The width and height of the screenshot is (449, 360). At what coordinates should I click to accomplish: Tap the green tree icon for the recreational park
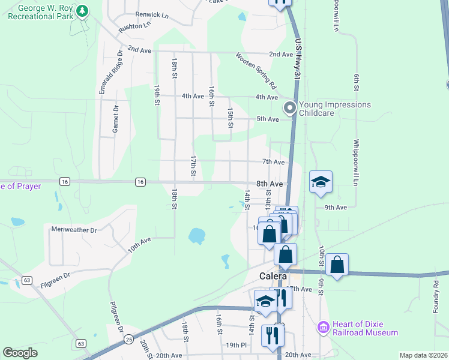[x=83, y=11]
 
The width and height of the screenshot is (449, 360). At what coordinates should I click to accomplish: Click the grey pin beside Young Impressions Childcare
[x=289, y=109]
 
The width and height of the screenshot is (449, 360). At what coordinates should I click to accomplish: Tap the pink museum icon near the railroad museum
[x=323, y=328]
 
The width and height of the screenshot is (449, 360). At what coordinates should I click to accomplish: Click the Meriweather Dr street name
[x=74, y=230]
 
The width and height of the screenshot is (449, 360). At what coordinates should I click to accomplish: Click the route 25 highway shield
[x=129, y=338]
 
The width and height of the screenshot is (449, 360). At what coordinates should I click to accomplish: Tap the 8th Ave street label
[x=270, y=184]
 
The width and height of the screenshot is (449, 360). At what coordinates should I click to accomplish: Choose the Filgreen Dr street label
[x=55, y=275]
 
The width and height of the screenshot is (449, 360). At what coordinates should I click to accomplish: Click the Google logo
[x=20, y=353]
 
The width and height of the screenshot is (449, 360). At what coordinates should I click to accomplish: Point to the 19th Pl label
[x=237, y=345]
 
